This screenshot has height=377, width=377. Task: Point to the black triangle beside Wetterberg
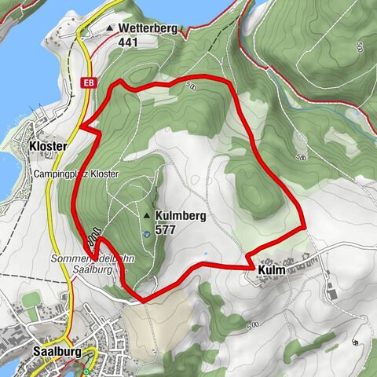109,29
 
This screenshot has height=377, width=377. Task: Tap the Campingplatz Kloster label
76,173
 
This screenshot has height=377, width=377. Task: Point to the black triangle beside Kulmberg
146,214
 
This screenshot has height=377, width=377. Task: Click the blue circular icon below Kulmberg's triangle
146,232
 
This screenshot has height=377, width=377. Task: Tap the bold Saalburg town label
57,352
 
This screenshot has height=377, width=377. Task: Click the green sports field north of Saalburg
31,301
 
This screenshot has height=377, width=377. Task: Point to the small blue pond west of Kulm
205,254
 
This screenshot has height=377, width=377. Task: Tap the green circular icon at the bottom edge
85,372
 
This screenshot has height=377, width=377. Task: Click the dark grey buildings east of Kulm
332,295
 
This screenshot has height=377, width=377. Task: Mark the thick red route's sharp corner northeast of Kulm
304,227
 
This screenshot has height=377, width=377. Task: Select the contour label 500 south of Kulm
252,325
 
